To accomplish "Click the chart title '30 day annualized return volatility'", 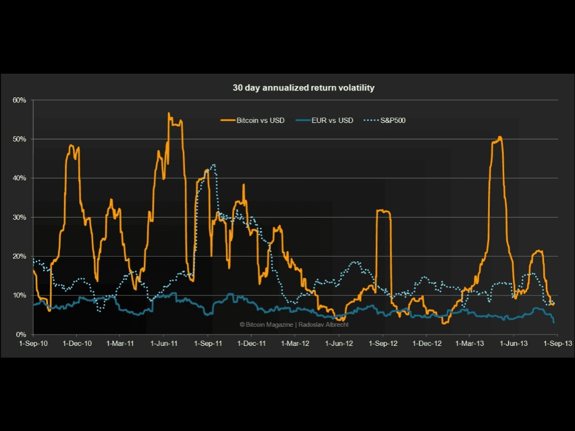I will [303, 88].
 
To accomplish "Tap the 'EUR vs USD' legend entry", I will [332, 120].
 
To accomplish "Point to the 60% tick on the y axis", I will [20, 100].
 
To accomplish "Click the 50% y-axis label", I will [20, 139].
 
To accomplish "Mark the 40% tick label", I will [20, 178].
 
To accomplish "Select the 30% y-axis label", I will [20, 217].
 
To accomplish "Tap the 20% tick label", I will [20, 256].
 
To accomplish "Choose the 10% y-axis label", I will [20, 295].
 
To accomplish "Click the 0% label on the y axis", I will [21, 334].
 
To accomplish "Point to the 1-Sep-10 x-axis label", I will [33, 344].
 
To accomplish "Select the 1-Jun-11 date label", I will [164, 344].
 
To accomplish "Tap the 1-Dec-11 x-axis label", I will [251, 344].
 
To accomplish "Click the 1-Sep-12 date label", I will [383, 344].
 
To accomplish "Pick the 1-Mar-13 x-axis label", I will [470, 344].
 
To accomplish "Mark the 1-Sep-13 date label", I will [557, 344].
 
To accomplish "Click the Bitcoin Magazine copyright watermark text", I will [294, 325].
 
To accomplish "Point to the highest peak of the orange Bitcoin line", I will [169, 113].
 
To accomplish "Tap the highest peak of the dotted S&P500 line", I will [213, 165].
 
